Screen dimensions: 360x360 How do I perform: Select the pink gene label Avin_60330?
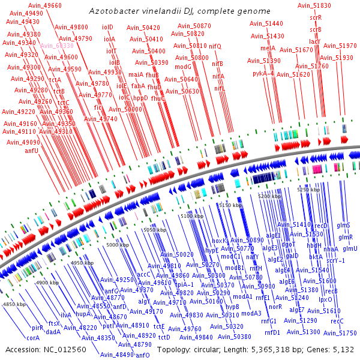tap(57, 46)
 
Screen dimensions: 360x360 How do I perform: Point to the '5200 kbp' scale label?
tap(269, 196)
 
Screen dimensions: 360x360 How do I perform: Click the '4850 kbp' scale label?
tap(15, 304)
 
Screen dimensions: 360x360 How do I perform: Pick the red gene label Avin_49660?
tap(44, 5)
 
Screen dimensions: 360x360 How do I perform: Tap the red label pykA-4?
tap(263, 73)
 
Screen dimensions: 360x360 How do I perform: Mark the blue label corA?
tap(33, 338)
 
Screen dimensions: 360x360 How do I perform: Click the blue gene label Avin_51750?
tap(344, 333)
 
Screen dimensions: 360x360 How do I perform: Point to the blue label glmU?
tap(350, 248)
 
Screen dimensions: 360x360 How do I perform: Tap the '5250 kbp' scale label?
tap(308, 190)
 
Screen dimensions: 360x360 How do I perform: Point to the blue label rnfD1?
tap(272, 332)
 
